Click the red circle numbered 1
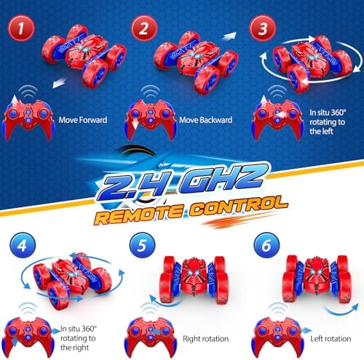[21, 28]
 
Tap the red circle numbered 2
[144, 28]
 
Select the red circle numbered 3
[263, 28]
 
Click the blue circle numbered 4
[23, 245]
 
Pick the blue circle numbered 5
[143, 245]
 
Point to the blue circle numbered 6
[266, 245]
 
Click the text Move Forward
[83, 120]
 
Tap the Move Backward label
[205, 120]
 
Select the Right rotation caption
[205, 339]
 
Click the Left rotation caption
[331, 339]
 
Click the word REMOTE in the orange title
[140, 214]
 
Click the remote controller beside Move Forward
[28, 119]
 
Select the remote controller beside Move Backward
[151, 119]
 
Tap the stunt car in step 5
[194, 279]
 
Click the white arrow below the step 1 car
[60, 81]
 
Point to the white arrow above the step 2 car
[229, 36]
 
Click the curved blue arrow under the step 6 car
[342, 311]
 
